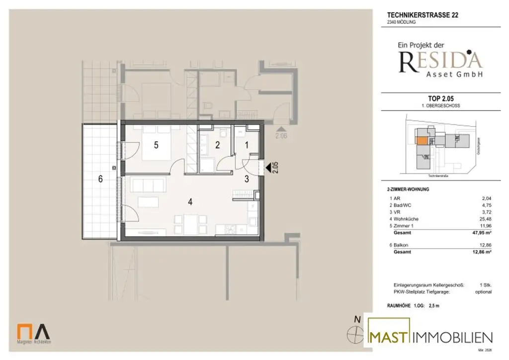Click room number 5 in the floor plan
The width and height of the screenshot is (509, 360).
point(156,145)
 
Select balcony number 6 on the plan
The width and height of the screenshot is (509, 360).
point(100,180)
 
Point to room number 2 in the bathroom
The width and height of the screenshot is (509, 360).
point(217,145)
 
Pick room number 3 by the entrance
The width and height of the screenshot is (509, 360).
point(247,179)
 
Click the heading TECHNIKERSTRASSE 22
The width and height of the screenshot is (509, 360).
point(423,15)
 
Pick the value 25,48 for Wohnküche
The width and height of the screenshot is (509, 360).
point(484,219)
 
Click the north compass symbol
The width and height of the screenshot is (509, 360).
point(354,334)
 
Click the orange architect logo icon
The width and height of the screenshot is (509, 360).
point(23,332)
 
